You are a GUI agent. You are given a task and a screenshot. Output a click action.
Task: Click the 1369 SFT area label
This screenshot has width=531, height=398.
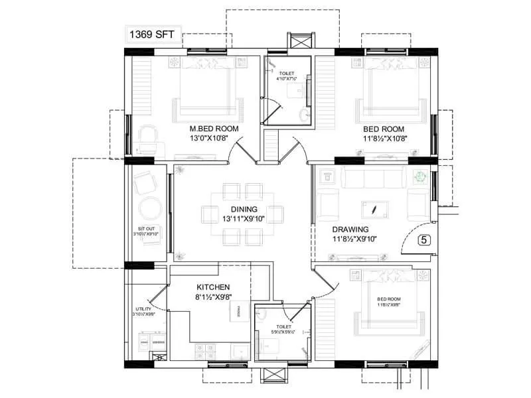(154, 35)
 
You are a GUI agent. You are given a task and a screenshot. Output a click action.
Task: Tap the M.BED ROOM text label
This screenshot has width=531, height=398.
(214, 129)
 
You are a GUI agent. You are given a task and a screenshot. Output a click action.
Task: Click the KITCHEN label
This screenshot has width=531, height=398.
(213, 287)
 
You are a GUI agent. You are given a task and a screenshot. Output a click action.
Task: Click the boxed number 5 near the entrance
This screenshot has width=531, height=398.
(424, 241)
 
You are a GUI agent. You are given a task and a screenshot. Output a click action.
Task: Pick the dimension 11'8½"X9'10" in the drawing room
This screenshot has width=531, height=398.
(354, 239)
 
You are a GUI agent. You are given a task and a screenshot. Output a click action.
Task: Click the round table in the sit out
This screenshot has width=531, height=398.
(149, 208)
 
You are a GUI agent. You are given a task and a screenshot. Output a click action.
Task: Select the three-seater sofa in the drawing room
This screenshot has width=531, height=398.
(373, 177)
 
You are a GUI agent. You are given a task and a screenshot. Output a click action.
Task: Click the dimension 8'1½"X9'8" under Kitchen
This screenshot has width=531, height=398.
(213, 298)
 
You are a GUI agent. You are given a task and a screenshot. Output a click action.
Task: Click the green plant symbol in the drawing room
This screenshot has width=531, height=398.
(419, 177)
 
